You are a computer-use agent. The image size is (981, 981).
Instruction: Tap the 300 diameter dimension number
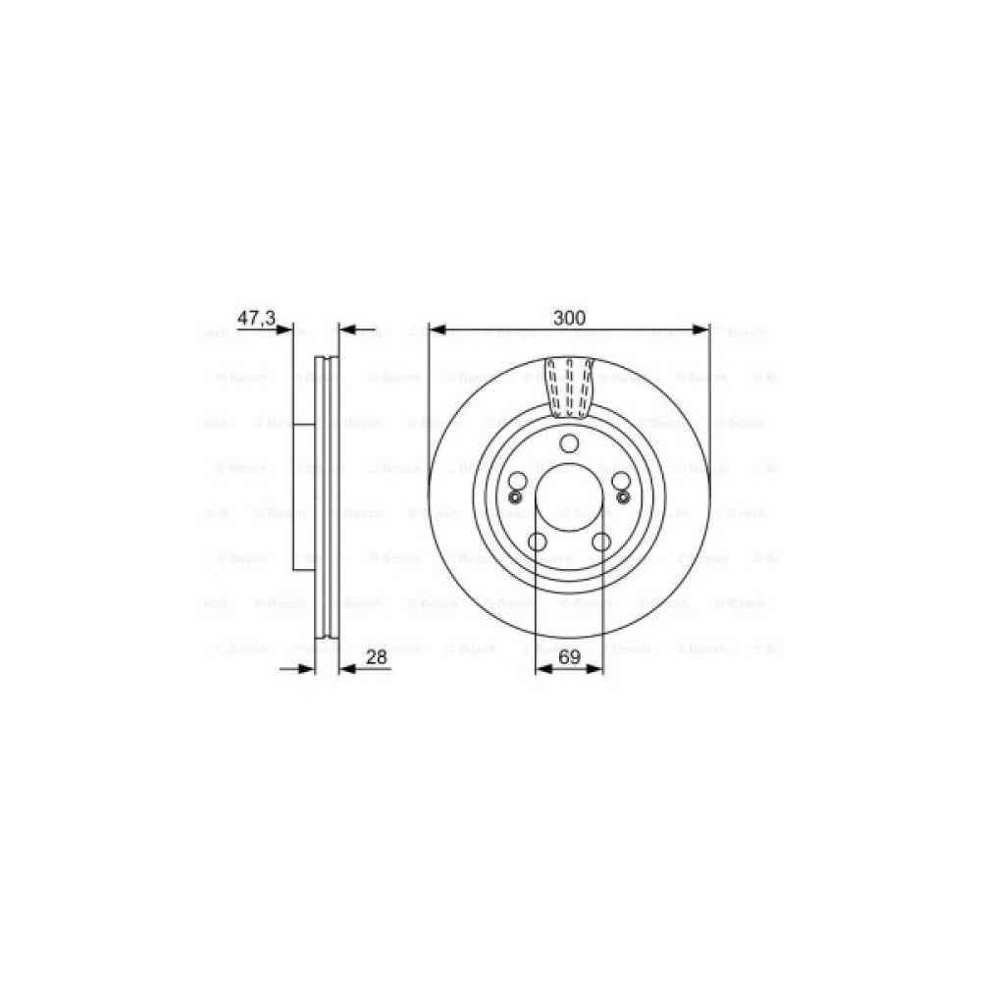569,317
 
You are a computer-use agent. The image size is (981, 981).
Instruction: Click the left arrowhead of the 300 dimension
437,331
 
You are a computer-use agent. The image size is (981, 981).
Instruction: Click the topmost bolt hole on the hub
569,443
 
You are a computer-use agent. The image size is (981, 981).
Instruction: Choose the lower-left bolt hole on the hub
537,542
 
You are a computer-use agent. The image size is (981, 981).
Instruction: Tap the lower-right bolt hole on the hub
601,542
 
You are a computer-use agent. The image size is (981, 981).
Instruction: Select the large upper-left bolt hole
517,481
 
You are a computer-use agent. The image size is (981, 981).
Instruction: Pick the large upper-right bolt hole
621,481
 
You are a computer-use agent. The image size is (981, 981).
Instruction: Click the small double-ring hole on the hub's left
511,496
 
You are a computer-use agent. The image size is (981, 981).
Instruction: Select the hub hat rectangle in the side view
304,495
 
